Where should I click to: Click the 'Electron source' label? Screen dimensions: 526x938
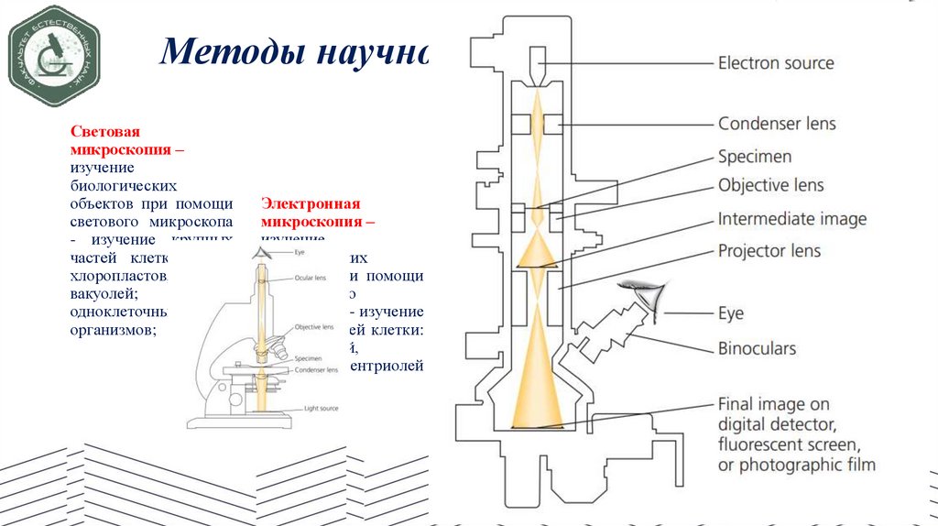[x=776, y=63]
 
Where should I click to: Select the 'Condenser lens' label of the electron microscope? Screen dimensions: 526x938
[x=777, y=124]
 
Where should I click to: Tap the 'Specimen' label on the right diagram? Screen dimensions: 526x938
[x=755, y=157]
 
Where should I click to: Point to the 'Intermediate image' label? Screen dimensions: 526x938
[x=791, y=219]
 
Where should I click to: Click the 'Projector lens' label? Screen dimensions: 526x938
[x=769, y=250]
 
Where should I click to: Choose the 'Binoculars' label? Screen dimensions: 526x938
[x=757, y=348]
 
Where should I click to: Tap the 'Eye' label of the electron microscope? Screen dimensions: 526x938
[x=731, y=313]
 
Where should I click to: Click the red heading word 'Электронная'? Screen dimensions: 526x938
[x=311, y=204]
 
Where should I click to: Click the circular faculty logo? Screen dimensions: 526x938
[x=53, y=55]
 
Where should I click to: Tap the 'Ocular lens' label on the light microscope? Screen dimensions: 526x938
[x=311, y=278]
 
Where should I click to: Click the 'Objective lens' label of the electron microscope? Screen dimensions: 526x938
[x=770, y=186]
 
